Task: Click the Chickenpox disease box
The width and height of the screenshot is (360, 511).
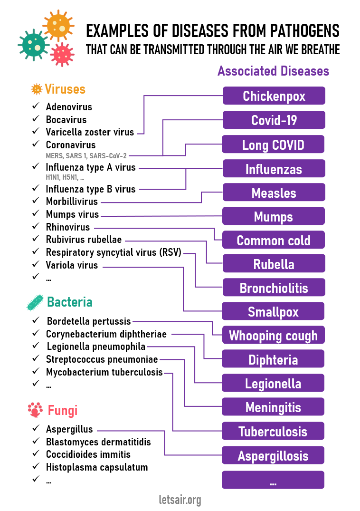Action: [x=274, y=96]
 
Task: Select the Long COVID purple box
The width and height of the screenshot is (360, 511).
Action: [x=273, y=145]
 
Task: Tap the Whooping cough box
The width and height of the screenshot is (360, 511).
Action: [x=273, y=336]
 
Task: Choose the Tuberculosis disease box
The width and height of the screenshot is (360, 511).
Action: [x=273, y=432]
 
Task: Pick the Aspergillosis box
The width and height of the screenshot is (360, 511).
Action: [x=273, y=456]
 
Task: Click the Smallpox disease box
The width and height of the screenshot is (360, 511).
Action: [x=273, y=312]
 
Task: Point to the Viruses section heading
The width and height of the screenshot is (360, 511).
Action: [x=65, y=89]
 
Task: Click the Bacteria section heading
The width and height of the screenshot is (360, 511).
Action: [x=70, y=302]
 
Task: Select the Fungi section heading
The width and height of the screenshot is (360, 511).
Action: [x=63, y=410]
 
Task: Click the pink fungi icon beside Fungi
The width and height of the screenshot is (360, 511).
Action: [x=35, y=409]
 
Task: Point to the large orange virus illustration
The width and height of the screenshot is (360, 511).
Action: [x=58, y=25]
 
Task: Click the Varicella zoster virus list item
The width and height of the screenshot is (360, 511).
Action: [x=90, y=132]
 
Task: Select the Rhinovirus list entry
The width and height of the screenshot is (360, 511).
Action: [x=67, y=227]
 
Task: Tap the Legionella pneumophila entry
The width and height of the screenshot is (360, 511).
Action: [x=95, y=347]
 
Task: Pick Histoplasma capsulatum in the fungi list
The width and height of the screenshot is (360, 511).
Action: [x=97, y=467]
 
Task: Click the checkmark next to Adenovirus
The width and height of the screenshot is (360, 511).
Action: [x=36, y=106]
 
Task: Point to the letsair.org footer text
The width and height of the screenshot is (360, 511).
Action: [x=180, y=500]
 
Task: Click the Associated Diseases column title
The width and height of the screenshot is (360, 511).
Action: [x=273, y=71]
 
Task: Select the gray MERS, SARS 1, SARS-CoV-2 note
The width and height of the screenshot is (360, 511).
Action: [x=86, y=155]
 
